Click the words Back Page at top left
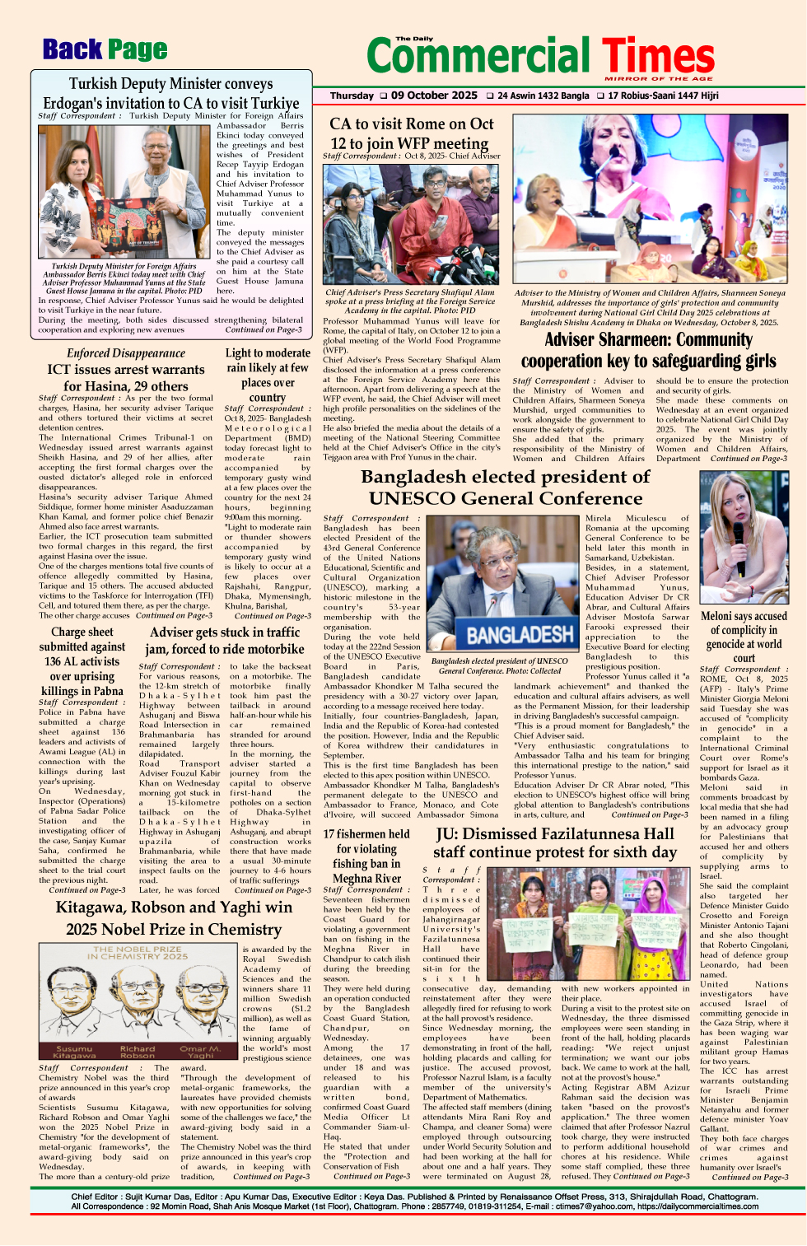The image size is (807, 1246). pos(105,50)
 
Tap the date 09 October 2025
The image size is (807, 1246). pos(434,96)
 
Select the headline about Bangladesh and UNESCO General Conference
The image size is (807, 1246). pos(505,488)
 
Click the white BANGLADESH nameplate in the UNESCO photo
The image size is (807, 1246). pos(520,634)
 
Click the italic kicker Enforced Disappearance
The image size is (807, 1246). pos(126,352)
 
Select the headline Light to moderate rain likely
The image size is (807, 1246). pos(268,375)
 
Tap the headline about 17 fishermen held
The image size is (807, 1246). pos(366,856)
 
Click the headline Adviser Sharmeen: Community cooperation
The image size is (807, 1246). pos(648,350)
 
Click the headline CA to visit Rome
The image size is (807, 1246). pos(412,133)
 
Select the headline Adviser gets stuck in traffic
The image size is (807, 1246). pos(225,640)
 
